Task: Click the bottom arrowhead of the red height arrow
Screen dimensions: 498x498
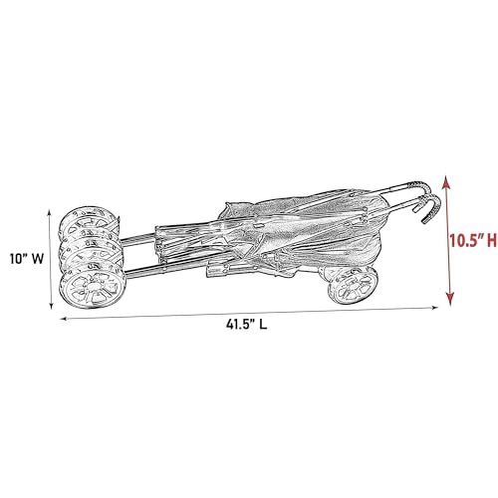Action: (451, 302)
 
